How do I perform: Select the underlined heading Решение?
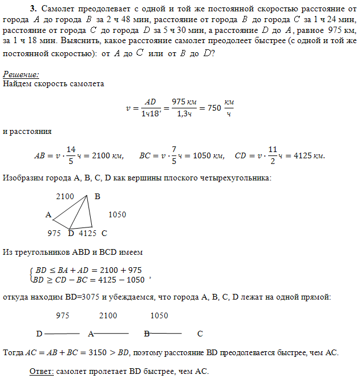point(21,75)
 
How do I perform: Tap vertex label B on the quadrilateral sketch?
point(97,197)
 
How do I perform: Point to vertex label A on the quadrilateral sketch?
point(49,215)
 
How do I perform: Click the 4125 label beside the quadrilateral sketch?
point(88,233)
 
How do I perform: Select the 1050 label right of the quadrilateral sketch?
point(117,215)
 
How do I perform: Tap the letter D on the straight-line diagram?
point(39,334)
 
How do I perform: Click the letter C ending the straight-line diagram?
point(200,334)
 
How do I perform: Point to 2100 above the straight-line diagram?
point(108,315)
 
